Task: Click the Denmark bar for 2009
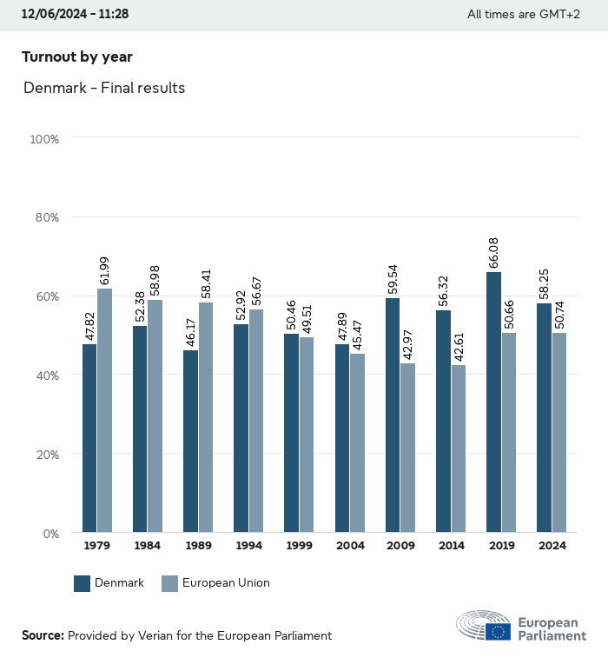click(x=393, y=415)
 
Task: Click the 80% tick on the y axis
click(x=45, y=217)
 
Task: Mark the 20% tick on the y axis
click(x=45, y=454)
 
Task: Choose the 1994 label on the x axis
click(x=248, y=546)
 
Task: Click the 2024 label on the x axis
click(x=552, y=546)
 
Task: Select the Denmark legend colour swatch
click(x=83, y=583)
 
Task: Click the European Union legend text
click(x=226, y=583)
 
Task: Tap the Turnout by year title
click(x=77, y=56)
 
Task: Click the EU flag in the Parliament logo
click(x=498, y=632)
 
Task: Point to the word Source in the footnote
click(x=43, y=635)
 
